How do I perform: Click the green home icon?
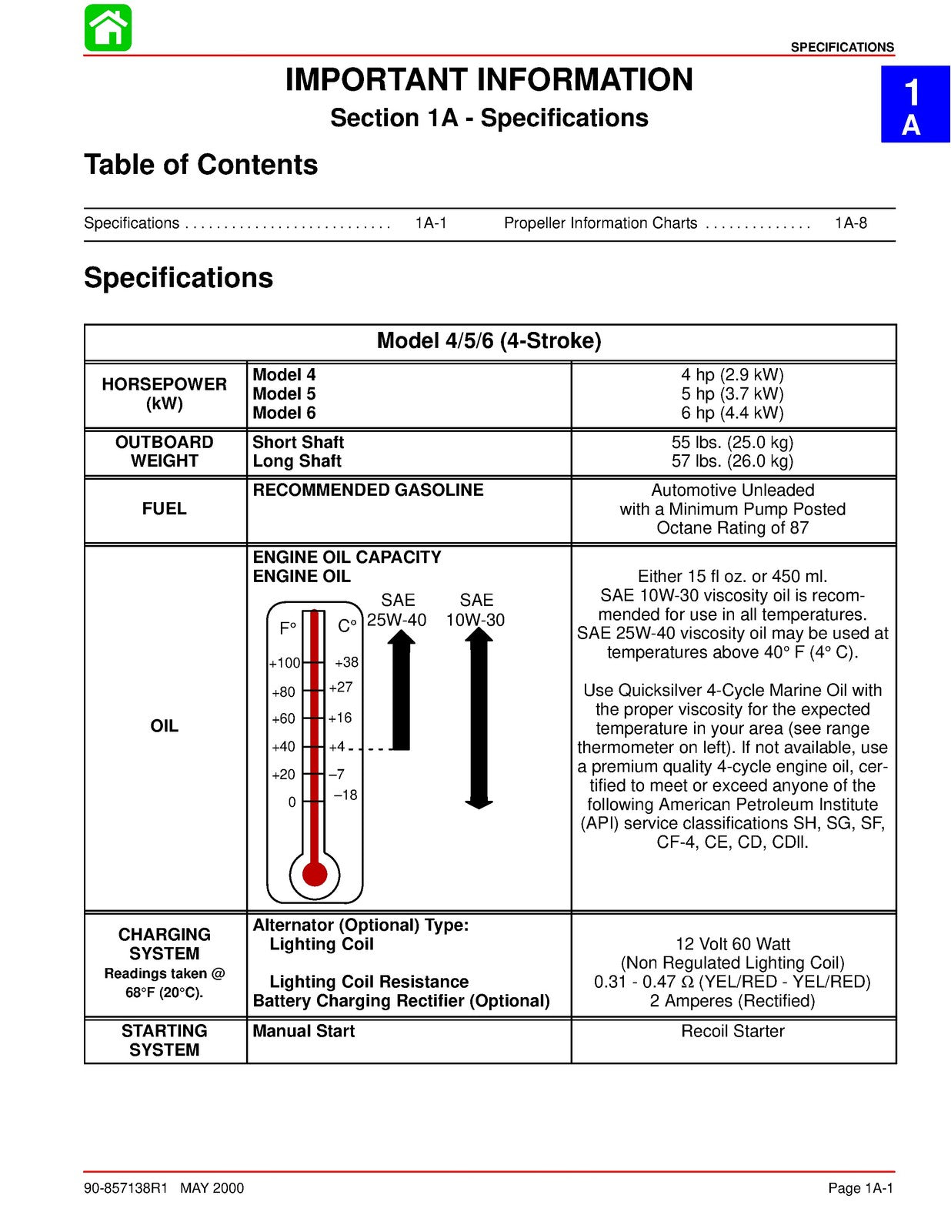pos(108,28)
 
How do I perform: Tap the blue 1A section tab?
pos(914,105)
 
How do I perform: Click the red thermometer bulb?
pos(315,874)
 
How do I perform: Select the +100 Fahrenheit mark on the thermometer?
pos(285,663)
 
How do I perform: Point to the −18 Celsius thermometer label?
pos(345,795)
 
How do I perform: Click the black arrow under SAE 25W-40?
pos(401,689)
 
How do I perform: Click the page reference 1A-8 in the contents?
pos(850,223)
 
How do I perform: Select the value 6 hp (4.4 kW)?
pos(732,413)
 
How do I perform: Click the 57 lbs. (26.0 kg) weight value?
pos(732,461)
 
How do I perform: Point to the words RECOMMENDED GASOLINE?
pos(368,490)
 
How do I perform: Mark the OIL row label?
pos(164,726)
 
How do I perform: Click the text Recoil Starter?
pos(732,1031)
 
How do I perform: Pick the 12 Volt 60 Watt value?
pos(732,944)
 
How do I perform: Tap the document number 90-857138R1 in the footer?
pos(125,1188)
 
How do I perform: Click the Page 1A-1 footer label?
pos(860,1188)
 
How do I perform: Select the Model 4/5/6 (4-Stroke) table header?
pos(489,341)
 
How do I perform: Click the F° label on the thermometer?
pos(288,628)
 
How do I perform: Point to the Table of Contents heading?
pos(201,165)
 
